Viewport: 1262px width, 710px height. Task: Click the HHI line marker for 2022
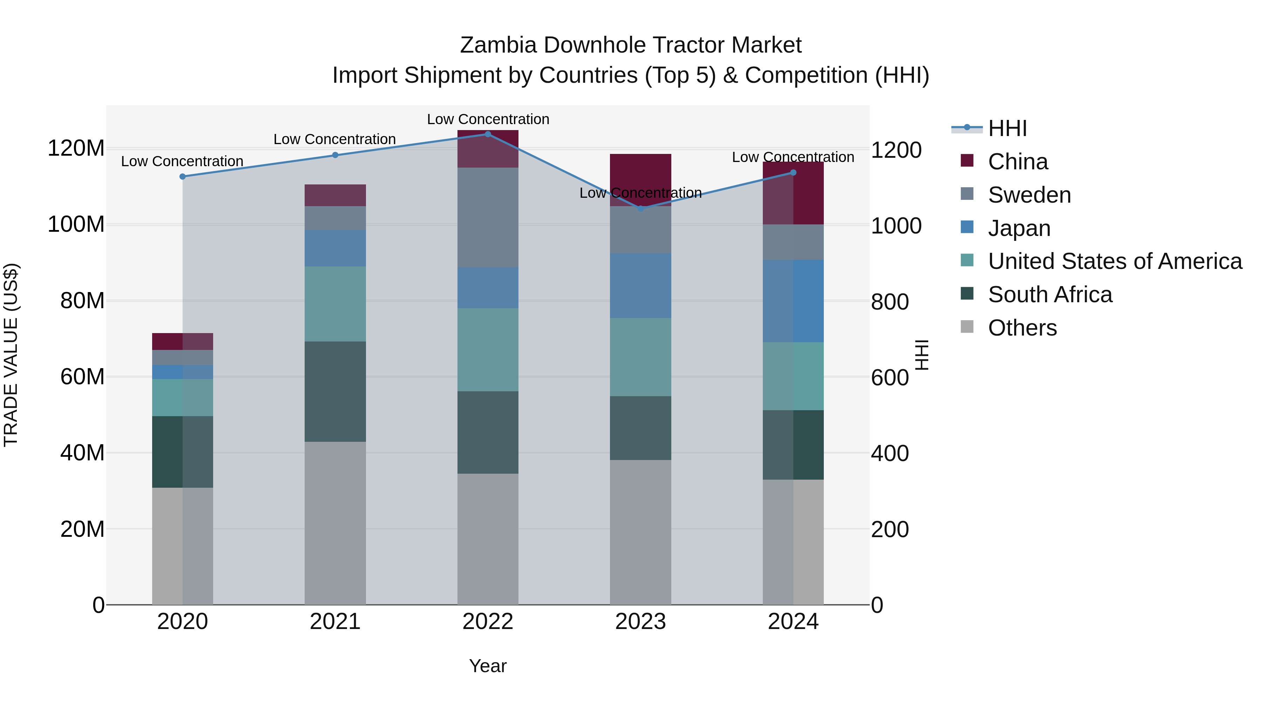pyautogui.click(x=488, y=134)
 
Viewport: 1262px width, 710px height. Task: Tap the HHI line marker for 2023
pyautogui.click(x=640, y=209)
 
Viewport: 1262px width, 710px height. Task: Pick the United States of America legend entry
pyautogui.click(x=1114, y=261)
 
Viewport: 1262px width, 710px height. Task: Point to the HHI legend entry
pyautogui.click(x=1007, y=128)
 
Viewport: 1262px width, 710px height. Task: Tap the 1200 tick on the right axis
pyautogui.click(x=896, y=150)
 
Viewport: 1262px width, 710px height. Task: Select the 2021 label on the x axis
pyautogui.click(x=335, y=622)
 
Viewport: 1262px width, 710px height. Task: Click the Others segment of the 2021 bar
pyautogui.click(x=335, y=523)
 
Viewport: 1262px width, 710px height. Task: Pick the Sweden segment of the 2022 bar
pyautogui.click(x=488, y=217)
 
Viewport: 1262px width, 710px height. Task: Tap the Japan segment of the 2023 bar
pyautogui.click(x=640, y=286)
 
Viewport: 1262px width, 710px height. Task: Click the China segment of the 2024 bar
pyautogui.click(x=793, y=193)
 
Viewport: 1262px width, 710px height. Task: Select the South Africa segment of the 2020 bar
pyautogui.click(x=183, y=452)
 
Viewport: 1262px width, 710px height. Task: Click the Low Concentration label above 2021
pyautogui.click(x=335, y=139)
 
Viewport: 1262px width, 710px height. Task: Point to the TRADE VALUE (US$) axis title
pyautogui.click(x=11, y=355)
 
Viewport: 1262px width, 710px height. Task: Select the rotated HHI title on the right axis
pyautogui.click(x=922, y=355)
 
